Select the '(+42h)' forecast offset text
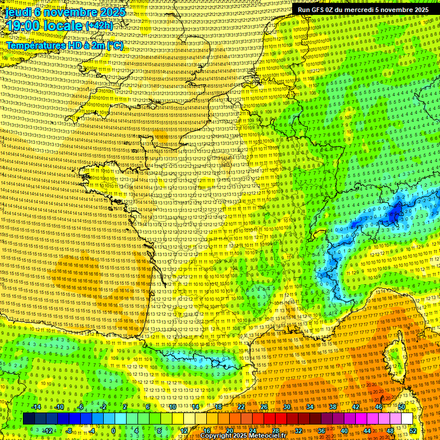coord(100,26)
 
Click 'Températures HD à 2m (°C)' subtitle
coord(64,45)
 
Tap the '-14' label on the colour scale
coord(37,407)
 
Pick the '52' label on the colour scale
coord(413,431)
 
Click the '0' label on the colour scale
coord(113,431)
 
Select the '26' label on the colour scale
coord(264,407)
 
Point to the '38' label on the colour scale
coord(332,407)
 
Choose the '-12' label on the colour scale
coord(48,431)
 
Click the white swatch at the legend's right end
coord(407,419)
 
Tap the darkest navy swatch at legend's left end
coord(29,419)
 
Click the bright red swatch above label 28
coord(276,419)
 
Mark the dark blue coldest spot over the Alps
coord(394,213)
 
